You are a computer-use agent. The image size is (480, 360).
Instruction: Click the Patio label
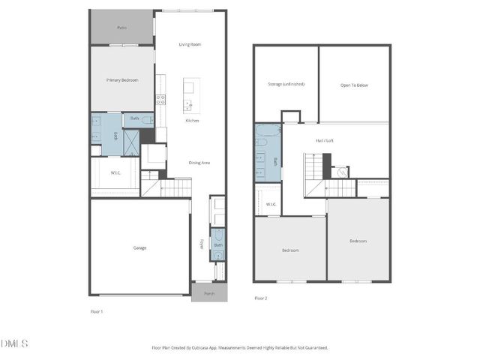pos(121,28)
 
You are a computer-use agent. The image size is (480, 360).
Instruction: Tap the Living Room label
pos(190,44)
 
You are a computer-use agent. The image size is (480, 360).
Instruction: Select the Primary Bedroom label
pos(121,79)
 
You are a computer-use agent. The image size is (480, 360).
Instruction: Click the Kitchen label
pos(193,121)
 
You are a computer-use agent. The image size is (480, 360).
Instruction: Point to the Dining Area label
pos(199,163)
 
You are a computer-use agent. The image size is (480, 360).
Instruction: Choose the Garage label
pos(139,247)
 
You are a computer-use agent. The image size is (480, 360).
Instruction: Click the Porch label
pos(209,293)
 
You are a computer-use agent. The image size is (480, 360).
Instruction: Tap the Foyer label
pos(200,244)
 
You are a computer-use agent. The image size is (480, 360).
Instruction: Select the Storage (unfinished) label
pos(286,85)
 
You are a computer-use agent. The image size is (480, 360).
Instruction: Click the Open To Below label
pos(354,85)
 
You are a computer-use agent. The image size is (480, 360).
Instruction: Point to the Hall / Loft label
pos(325,139)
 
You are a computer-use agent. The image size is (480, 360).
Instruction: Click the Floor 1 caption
pos(96,311)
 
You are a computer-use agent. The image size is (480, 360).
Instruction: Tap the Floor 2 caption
pos(260,298)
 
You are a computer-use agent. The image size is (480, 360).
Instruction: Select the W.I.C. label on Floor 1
pos(115,173)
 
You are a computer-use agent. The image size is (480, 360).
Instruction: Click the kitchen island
pos(188,94)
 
